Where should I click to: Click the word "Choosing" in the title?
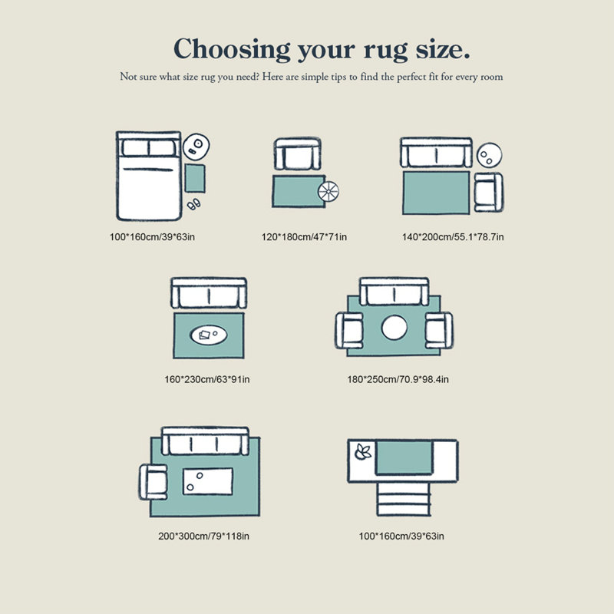[232, 49]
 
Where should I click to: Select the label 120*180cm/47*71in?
[304, 237]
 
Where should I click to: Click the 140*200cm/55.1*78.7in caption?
[453, 237]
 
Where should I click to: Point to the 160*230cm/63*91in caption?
[206, 379]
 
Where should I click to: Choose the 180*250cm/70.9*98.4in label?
[398, 379]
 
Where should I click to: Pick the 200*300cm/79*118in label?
[203, 536]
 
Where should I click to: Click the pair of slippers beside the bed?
[194, 204]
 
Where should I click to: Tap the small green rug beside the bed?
[195, 178]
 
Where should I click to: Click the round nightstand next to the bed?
[196, 147]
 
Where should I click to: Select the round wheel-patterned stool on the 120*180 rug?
[328, 191]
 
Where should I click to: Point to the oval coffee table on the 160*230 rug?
[209, 335]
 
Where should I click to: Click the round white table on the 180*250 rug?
[394, 328]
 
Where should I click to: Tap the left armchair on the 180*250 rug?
[349, 330]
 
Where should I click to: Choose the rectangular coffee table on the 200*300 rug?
[207, 481]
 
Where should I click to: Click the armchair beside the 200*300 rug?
[153, 482]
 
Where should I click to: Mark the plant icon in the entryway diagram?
[362, 453]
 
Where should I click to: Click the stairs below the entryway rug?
[404, 499]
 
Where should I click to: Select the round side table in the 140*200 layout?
[489, 155]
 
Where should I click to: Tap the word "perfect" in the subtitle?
[411, 78]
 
